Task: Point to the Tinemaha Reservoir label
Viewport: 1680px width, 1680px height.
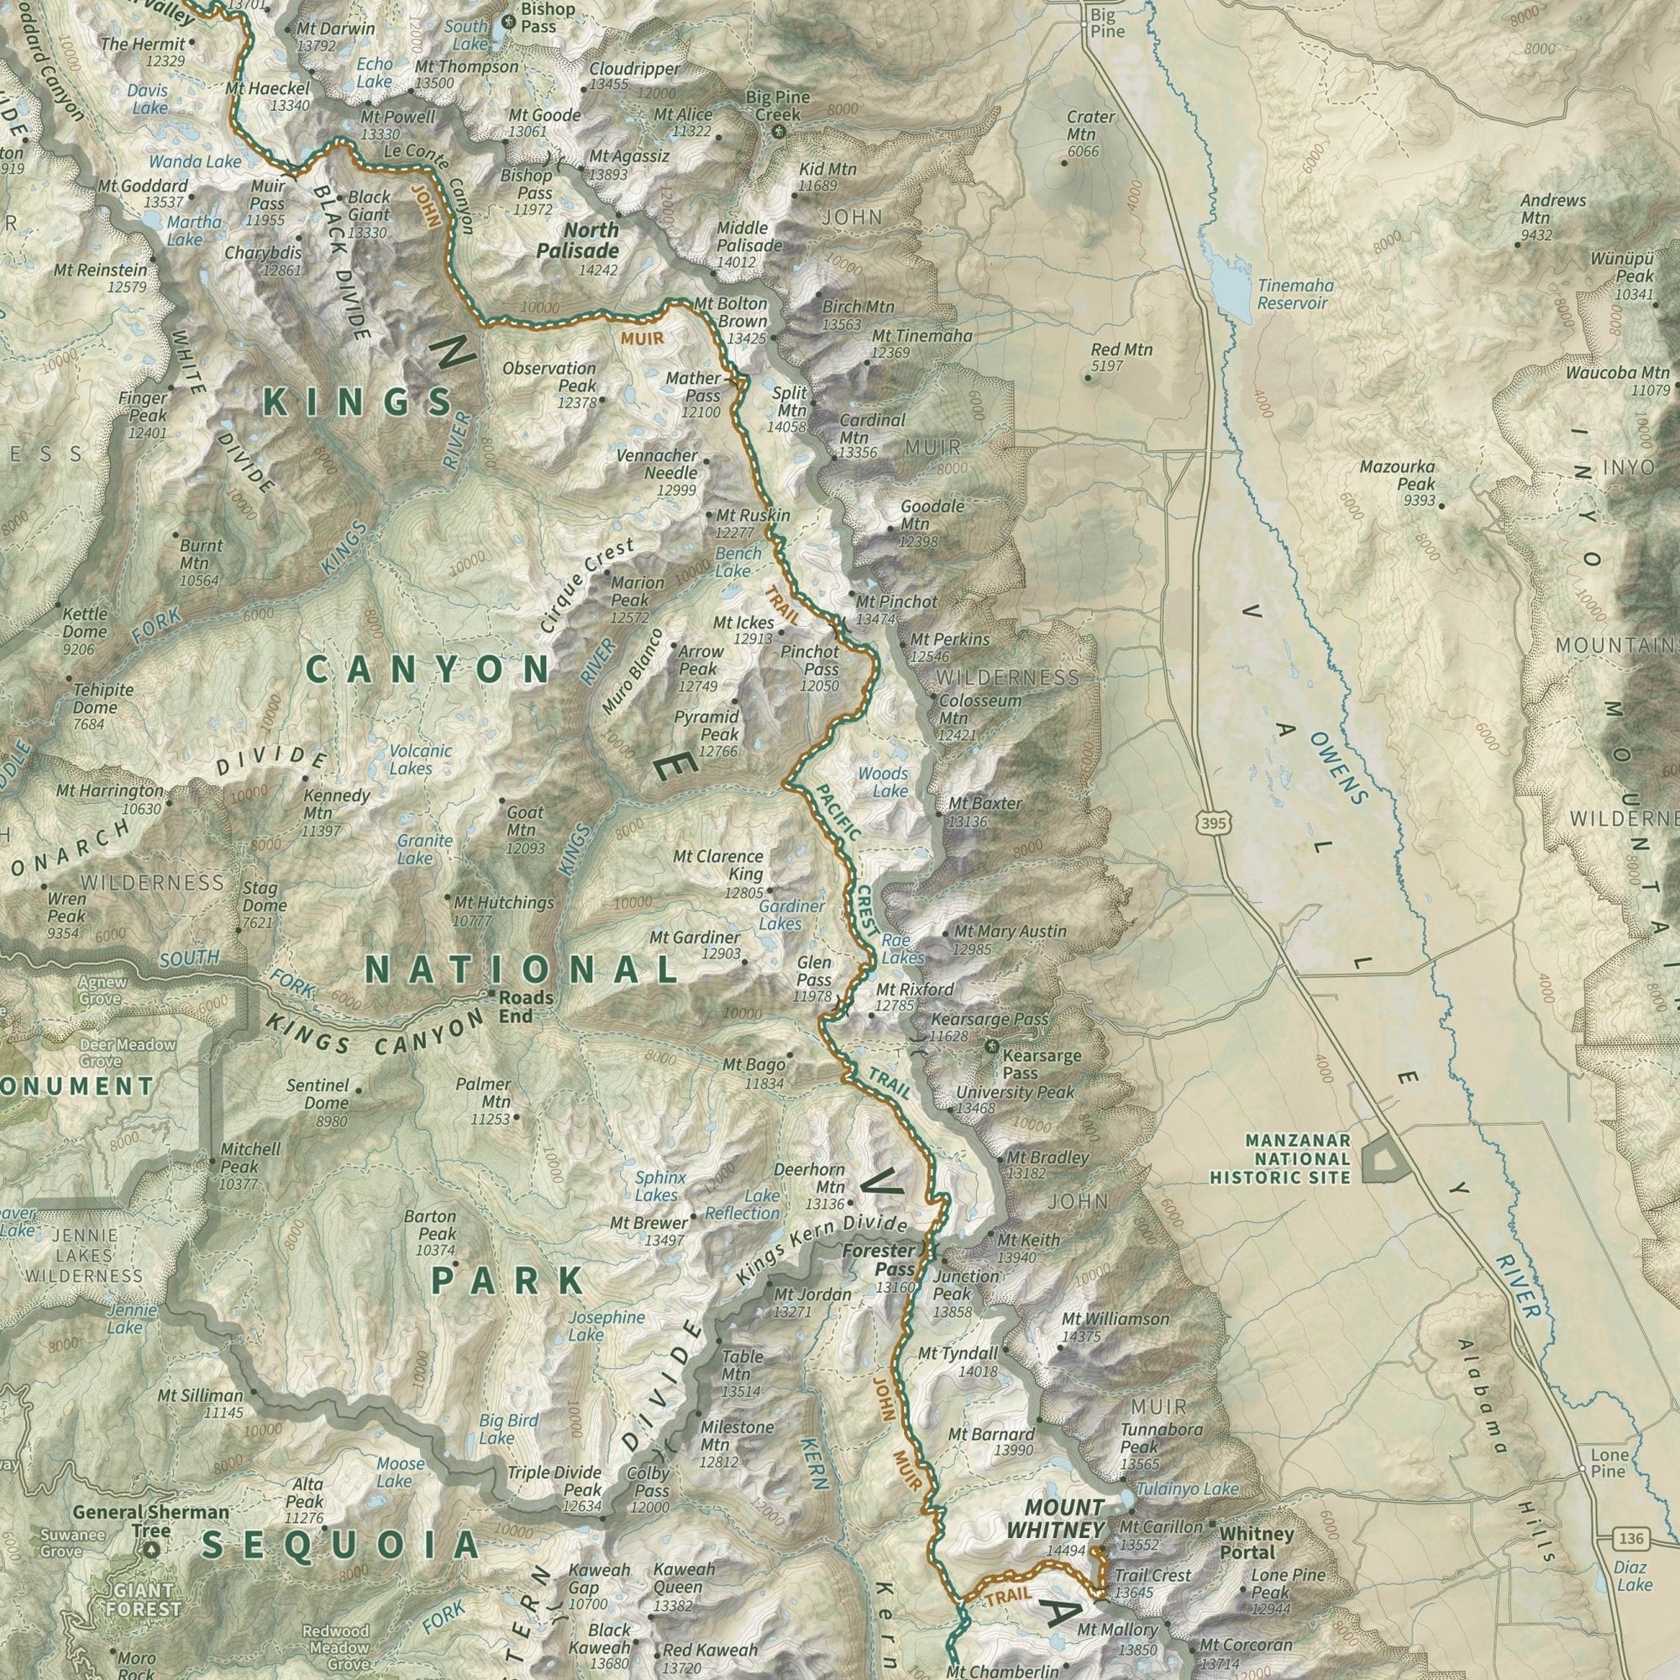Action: [x=1294, y=294]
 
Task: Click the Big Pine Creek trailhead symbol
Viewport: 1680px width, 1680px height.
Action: [x=777, y=132]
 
